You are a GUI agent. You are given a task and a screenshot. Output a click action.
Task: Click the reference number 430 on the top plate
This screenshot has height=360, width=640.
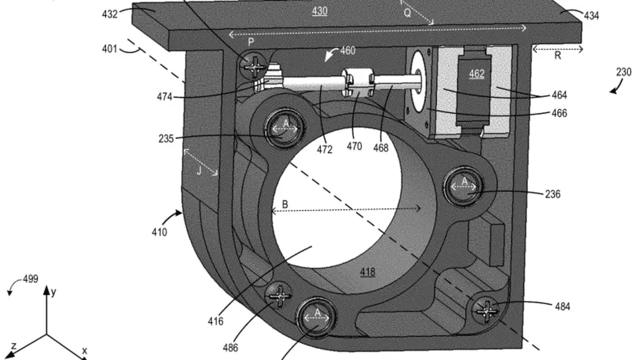click(320, 11)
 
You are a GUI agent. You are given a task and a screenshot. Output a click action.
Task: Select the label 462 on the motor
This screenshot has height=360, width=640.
click(476, 74)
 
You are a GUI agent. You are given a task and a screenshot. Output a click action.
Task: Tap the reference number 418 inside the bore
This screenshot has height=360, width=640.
click(368, 272)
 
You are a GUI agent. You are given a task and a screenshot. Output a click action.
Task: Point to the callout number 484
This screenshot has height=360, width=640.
click(563, 306)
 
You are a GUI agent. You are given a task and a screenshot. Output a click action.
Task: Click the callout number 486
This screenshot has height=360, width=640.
click(231, 348)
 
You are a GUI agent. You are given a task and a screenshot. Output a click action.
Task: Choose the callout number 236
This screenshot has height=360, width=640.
click(553, 194)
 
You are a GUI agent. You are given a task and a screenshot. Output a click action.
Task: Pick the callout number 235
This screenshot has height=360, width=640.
click(166, 139)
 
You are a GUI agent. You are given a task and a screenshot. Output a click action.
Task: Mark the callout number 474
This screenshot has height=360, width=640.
click(165, 97)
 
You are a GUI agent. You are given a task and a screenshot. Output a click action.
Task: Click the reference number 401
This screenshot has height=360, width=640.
click(109, 49)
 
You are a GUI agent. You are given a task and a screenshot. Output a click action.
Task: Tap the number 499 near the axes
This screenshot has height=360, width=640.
click(31, 279)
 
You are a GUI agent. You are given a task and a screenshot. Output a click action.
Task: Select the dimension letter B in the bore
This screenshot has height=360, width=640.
click(285, 204)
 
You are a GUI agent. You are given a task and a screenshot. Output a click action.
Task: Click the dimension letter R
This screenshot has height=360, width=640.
click(558, 56)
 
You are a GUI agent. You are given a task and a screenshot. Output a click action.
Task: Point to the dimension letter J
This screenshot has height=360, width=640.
click(199, 171)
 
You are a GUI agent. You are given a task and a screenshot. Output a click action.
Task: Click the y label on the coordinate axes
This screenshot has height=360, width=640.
click(54, 292)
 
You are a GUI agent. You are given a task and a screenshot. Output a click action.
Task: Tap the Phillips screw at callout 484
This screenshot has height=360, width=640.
click(486, 310)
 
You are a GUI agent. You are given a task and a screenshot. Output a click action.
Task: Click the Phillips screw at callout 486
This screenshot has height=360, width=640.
click(279, 295)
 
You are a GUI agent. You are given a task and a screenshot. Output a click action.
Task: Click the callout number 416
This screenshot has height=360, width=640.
click(215, 322)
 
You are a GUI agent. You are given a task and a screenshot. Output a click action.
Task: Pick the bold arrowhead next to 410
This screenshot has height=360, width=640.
click(178, 213)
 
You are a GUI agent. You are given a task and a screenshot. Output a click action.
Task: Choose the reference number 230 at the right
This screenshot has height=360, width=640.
click(624, 72)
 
